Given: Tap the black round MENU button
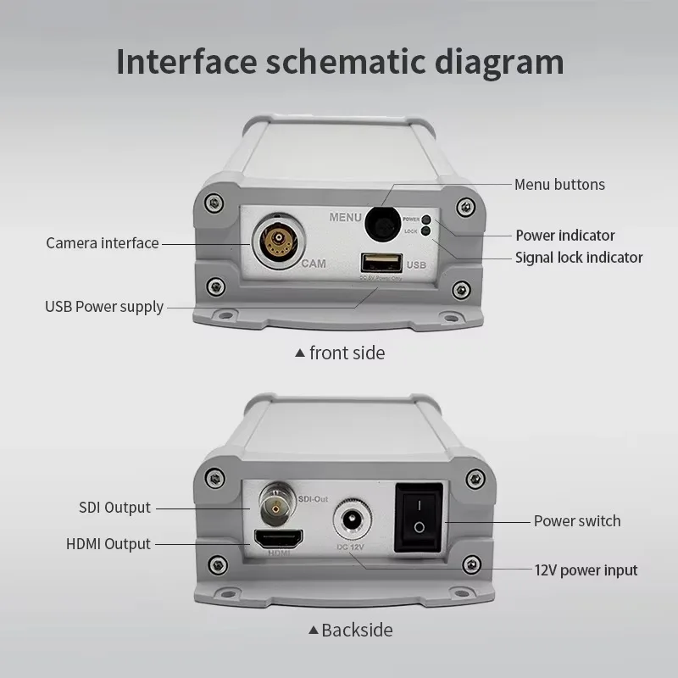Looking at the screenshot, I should [382, 225].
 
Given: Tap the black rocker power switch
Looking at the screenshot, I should [418, 517].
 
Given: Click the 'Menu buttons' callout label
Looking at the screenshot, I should [559, 184].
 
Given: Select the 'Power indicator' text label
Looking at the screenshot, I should [565, 235].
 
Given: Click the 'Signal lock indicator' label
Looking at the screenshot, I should [579, 257].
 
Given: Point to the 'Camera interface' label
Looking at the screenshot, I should [103, 243].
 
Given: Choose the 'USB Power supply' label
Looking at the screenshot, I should [104, 306].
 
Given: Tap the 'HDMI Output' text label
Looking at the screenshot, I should [108, 544].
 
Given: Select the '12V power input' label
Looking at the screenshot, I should [585, 570].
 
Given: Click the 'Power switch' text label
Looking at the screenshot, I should [576, 520].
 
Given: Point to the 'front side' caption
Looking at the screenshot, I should [347, 353].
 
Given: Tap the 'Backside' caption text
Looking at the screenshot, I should [357, 630].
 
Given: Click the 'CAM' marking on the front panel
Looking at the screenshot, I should [314, 264].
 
